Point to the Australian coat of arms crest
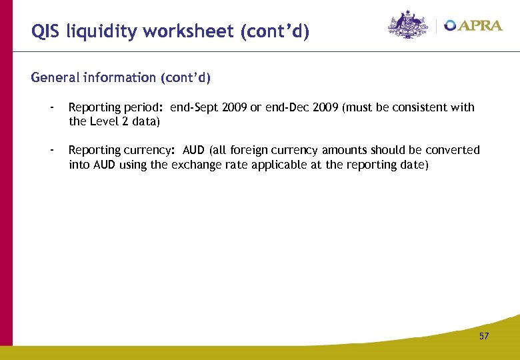pyautogui.click(x=408, y=25)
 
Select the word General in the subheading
pyautogui.click(x=55, y=78)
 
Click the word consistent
pyautogui.click(x=419, y=107)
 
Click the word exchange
pyautogui.click(x=195, y=164)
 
